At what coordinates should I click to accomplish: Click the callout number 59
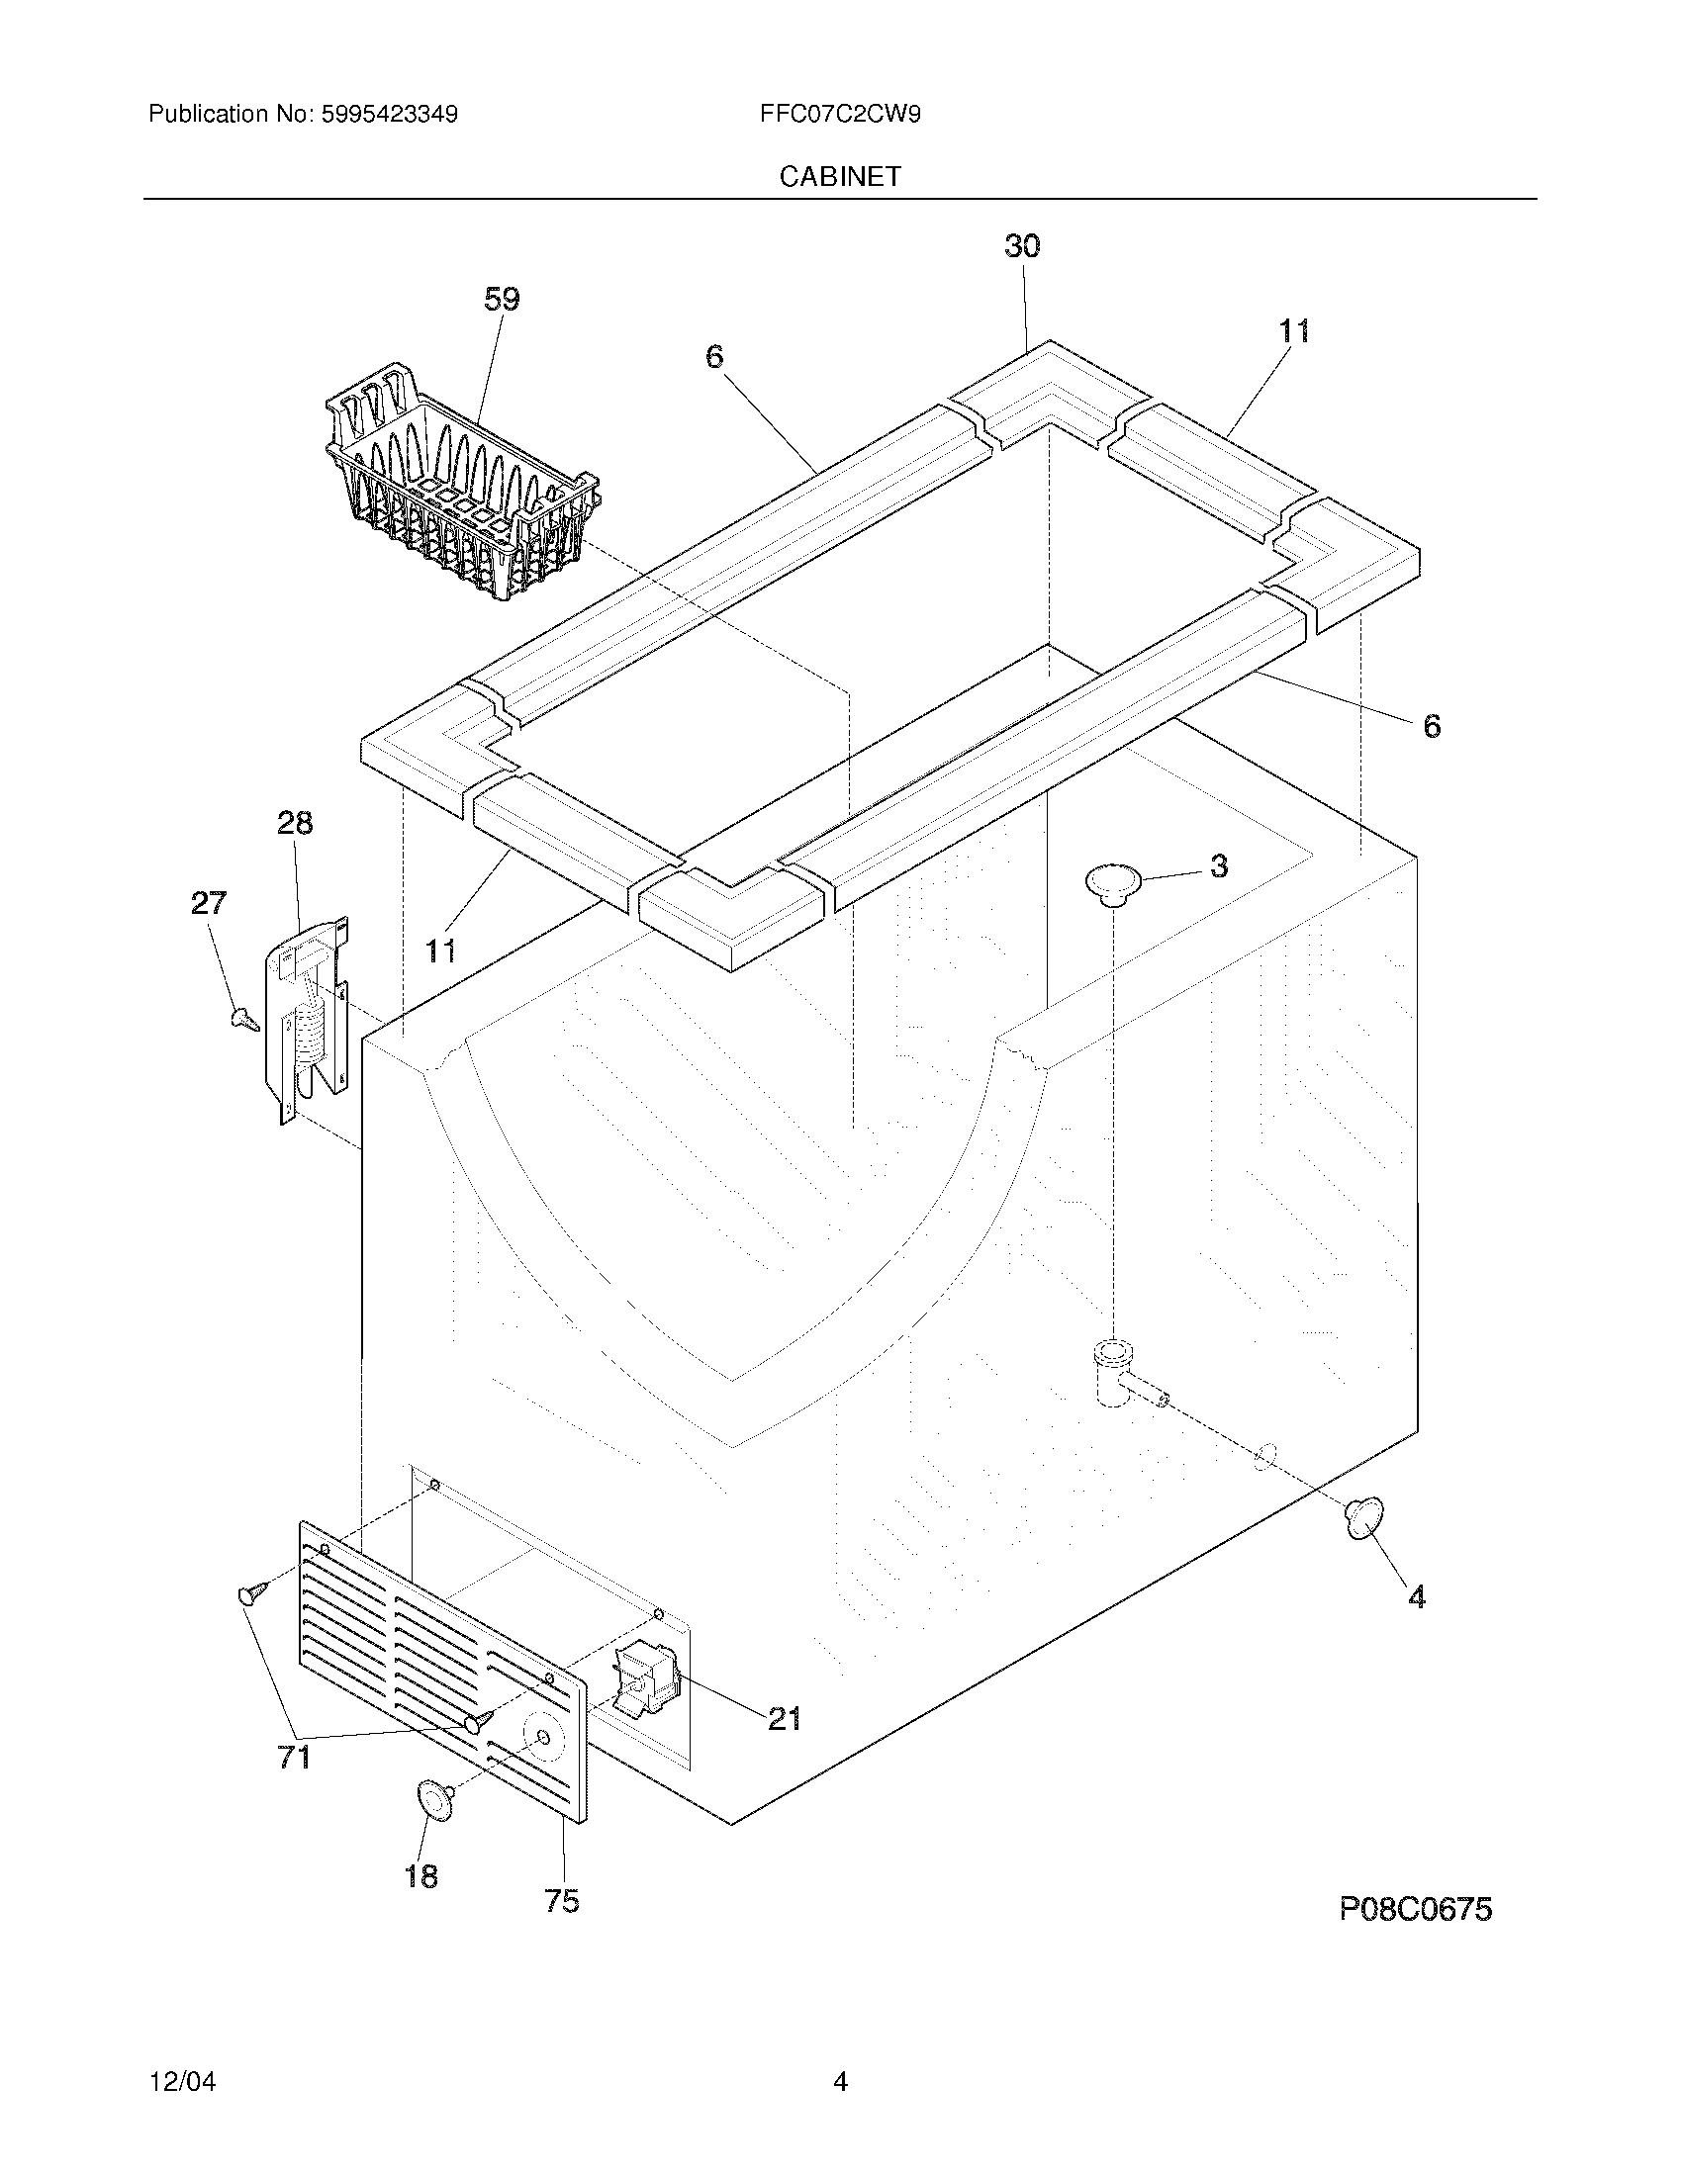(502, 299)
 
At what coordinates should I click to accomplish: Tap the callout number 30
(1022, 246)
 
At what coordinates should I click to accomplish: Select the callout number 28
(295, 823)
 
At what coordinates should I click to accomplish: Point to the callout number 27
(208, 903)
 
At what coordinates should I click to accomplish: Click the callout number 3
(1219, 865)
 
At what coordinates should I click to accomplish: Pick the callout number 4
(1416, 1597)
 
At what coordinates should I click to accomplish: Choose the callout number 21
(785, 1718)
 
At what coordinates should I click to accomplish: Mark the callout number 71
(294, 1758)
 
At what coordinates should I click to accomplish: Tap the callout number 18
(420, 1876)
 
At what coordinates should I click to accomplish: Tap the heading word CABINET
(840, 176)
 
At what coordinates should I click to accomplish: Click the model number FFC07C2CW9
(840, 114)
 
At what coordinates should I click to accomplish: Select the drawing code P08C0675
(1415, 1909)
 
